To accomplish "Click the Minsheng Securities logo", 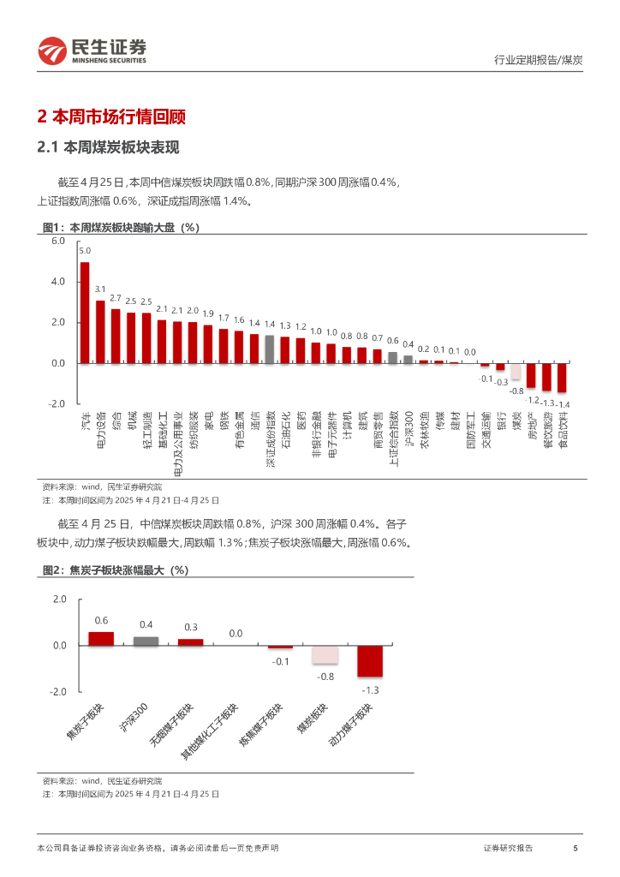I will click(92, 51).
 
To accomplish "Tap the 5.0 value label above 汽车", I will click(85, 251).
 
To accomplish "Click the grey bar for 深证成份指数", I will click(270, 349).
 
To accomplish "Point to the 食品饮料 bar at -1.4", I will click(563, 378).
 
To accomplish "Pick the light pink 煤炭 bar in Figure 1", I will click(516, 372).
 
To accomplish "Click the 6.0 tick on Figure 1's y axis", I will click(58, 242).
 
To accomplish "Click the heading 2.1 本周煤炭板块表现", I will click(108, 147).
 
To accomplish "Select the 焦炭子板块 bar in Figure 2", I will click(101, 639).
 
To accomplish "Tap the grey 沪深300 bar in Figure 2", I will click(146, 641).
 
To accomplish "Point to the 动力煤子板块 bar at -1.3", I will click(370, 660).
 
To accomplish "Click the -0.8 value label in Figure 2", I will click(326, 677).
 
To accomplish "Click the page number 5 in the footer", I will click(575, 848).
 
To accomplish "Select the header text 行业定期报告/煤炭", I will click(539, 59).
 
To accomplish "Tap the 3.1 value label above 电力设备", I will click(100, 289).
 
